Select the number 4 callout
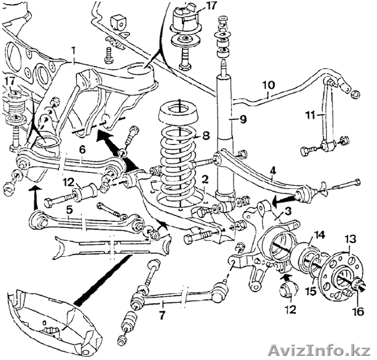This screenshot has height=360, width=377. click(273, 170)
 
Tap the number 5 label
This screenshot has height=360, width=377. click(70, 211)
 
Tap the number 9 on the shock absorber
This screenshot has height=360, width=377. click(243, 119)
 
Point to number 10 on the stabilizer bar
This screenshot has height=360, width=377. click(268, 85)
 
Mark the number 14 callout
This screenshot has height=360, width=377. click(319, 235)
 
